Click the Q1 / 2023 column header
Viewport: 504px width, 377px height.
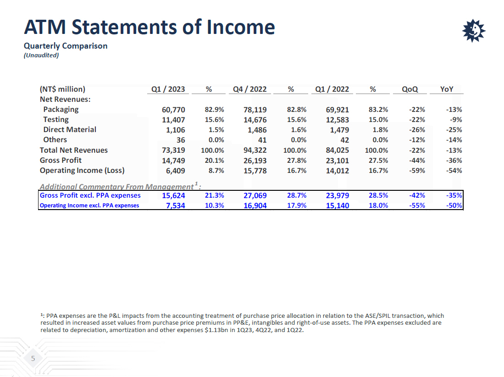[x=168, y=89]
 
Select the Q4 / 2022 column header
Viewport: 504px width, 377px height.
[x=250, y=89]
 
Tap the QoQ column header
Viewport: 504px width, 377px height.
[x=410, y=89]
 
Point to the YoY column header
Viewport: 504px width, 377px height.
[x=446, y=89]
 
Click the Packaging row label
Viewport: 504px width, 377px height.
[x=61, y=110]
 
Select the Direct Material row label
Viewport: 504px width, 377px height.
[x=70, y=130]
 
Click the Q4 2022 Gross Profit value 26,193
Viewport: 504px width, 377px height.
[x=255, y=161]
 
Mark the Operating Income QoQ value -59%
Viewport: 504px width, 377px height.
[x=416, y=171]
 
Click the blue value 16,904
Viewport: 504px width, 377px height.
[x=255, y=205]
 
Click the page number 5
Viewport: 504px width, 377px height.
[x=33, y=359]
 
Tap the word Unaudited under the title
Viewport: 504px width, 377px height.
[x=41, y=55]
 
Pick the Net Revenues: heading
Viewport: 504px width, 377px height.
[x=65, y=99]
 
